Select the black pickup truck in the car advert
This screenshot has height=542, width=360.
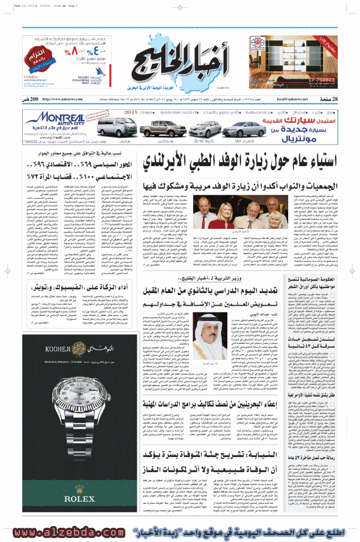[154, 129]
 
